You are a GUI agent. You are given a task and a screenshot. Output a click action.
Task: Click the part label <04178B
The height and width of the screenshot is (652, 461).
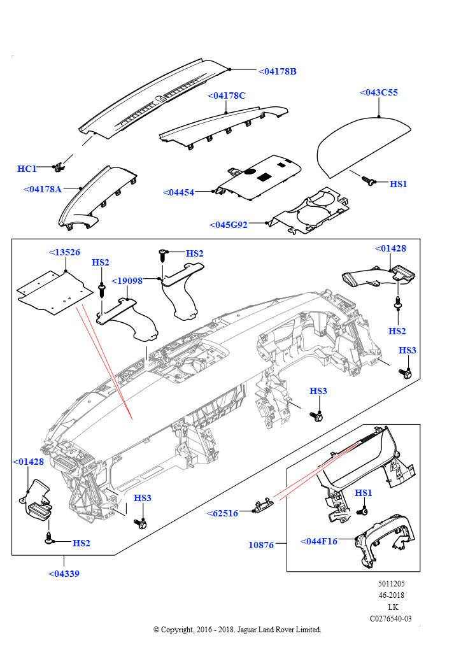click(x=278, y=71)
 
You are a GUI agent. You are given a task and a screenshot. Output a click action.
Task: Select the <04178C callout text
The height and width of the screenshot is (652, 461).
click(x=226, y=96)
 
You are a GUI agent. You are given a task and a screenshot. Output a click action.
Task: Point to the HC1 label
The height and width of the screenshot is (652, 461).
click(x=27, y=169)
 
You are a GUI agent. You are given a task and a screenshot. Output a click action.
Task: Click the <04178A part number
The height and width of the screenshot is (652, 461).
click(x=43, y=189)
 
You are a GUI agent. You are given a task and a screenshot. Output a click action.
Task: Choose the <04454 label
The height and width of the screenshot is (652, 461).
click(x=179, y=192)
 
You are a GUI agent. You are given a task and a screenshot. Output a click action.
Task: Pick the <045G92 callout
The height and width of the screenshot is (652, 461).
click(x=229, y=225)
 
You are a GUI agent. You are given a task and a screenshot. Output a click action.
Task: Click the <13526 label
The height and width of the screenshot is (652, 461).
click(x=64, y=252)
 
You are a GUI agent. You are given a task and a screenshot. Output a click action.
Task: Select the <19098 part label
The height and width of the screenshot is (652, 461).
click(x=127, y=280)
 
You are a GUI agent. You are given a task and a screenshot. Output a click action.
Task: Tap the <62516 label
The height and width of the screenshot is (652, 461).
click(x=222, y=513)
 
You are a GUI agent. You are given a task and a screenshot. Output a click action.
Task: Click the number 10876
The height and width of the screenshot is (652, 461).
click(x=261, y=545)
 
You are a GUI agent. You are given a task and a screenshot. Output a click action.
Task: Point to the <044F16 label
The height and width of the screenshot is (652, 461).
click(x=319, y=541)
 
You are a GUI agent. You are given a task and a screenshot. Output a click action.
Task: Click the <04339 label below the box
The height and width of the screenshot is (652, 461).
click(x=64, y=574)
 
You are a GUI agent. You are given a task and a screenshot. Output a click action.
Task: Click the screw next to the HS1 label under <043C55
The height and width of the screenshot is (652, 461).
click(x=368, y=181)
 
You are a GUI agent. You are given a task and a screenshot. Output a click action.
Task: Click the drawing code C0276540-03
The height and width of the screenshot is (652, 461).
click(x=390, y=618)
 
